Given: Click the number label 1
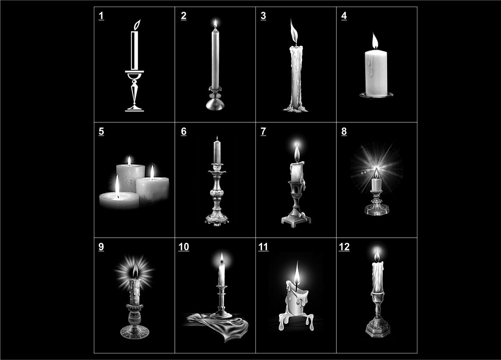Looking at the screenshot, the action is (101, 16).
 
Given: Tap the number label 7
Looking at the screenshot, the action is (263, 132).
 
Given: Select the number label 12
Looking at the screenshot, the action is (344, 247).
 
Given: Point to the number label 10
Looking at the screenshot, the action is (184, 247).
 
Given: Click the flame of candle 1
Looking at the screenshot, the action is (137, 25).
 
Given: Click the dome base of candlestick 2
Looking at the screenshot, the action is (215, 104).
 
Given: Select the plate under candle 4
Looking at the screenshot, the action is (376, 95).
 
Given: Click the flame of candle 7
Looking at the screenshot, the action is (297, 152).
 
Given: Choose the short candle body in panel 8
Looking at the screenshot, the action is (376, 185).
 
